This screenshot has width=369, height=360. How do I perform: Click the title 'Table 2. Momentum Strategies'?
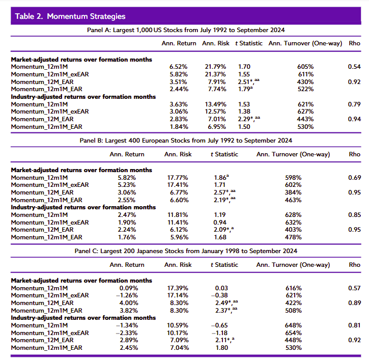[70, 16]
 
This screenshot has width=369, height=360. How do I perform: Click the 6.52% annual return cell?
[179, 67]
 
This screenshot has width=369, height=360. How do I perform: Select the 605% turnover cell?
[305, 67]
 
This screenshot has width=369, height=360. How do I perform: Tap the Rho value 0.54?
[354, 67]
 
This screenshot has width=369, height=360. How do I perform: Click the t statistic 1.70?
[244, 67]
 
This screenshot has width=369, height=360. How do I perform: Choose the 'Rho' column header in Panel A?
[354, 43]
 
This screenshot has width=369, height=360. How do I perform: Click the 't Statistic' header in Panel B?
[224, 154]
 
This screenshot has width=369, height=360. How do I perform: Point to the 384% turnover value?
[293, 192]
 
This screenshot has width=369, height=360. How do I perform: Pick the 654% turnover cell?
[293, 333]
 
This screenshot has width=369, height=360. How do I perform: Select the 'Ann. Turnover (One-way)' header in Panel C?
[293, 265]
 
